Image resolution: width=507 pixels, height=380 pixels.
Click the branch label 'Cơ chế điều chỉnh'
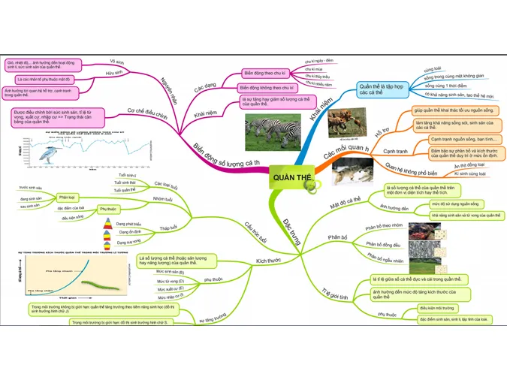[146, 114]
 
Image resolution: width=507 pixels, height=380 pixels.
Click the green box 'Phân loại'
[67, 197]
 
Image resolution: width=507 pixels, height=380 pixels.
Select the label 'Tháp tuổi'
[168, 228]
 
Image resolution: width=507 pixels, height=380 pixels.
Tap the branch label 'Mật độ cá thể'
[346, 202]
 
